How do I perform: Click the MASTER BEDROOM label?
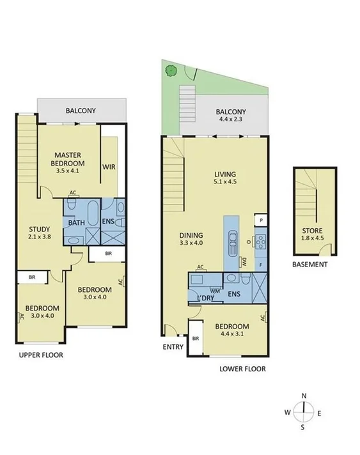pyautogui.click(x=70, y=158)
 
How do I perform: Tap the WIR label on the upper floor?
pyautogui.click(x=109, y=167)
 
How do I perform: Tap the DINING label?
pyautogui.click(x=191, y=234)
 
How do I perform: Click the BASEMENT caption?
pyautogui.click(x=311, y=265)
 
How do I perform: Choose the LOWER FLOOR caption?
pyautogui.click(x=242, y=369)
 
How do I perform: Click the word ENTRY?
pyautogui.click(x=173, y=348)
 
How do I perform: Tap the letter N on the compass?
pyautogui.click(x=304, y=396)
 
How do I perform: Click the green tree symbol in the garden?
pyautogui.click(x=171, y=70)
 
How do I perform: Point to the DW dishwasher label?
pyautogui.click(x=245, y=261)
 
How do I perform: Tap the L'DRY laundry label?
pyautogui.click(x=206, y=298)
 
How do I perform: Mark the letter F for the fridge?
pyautogui.click(x=261, y=263)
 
